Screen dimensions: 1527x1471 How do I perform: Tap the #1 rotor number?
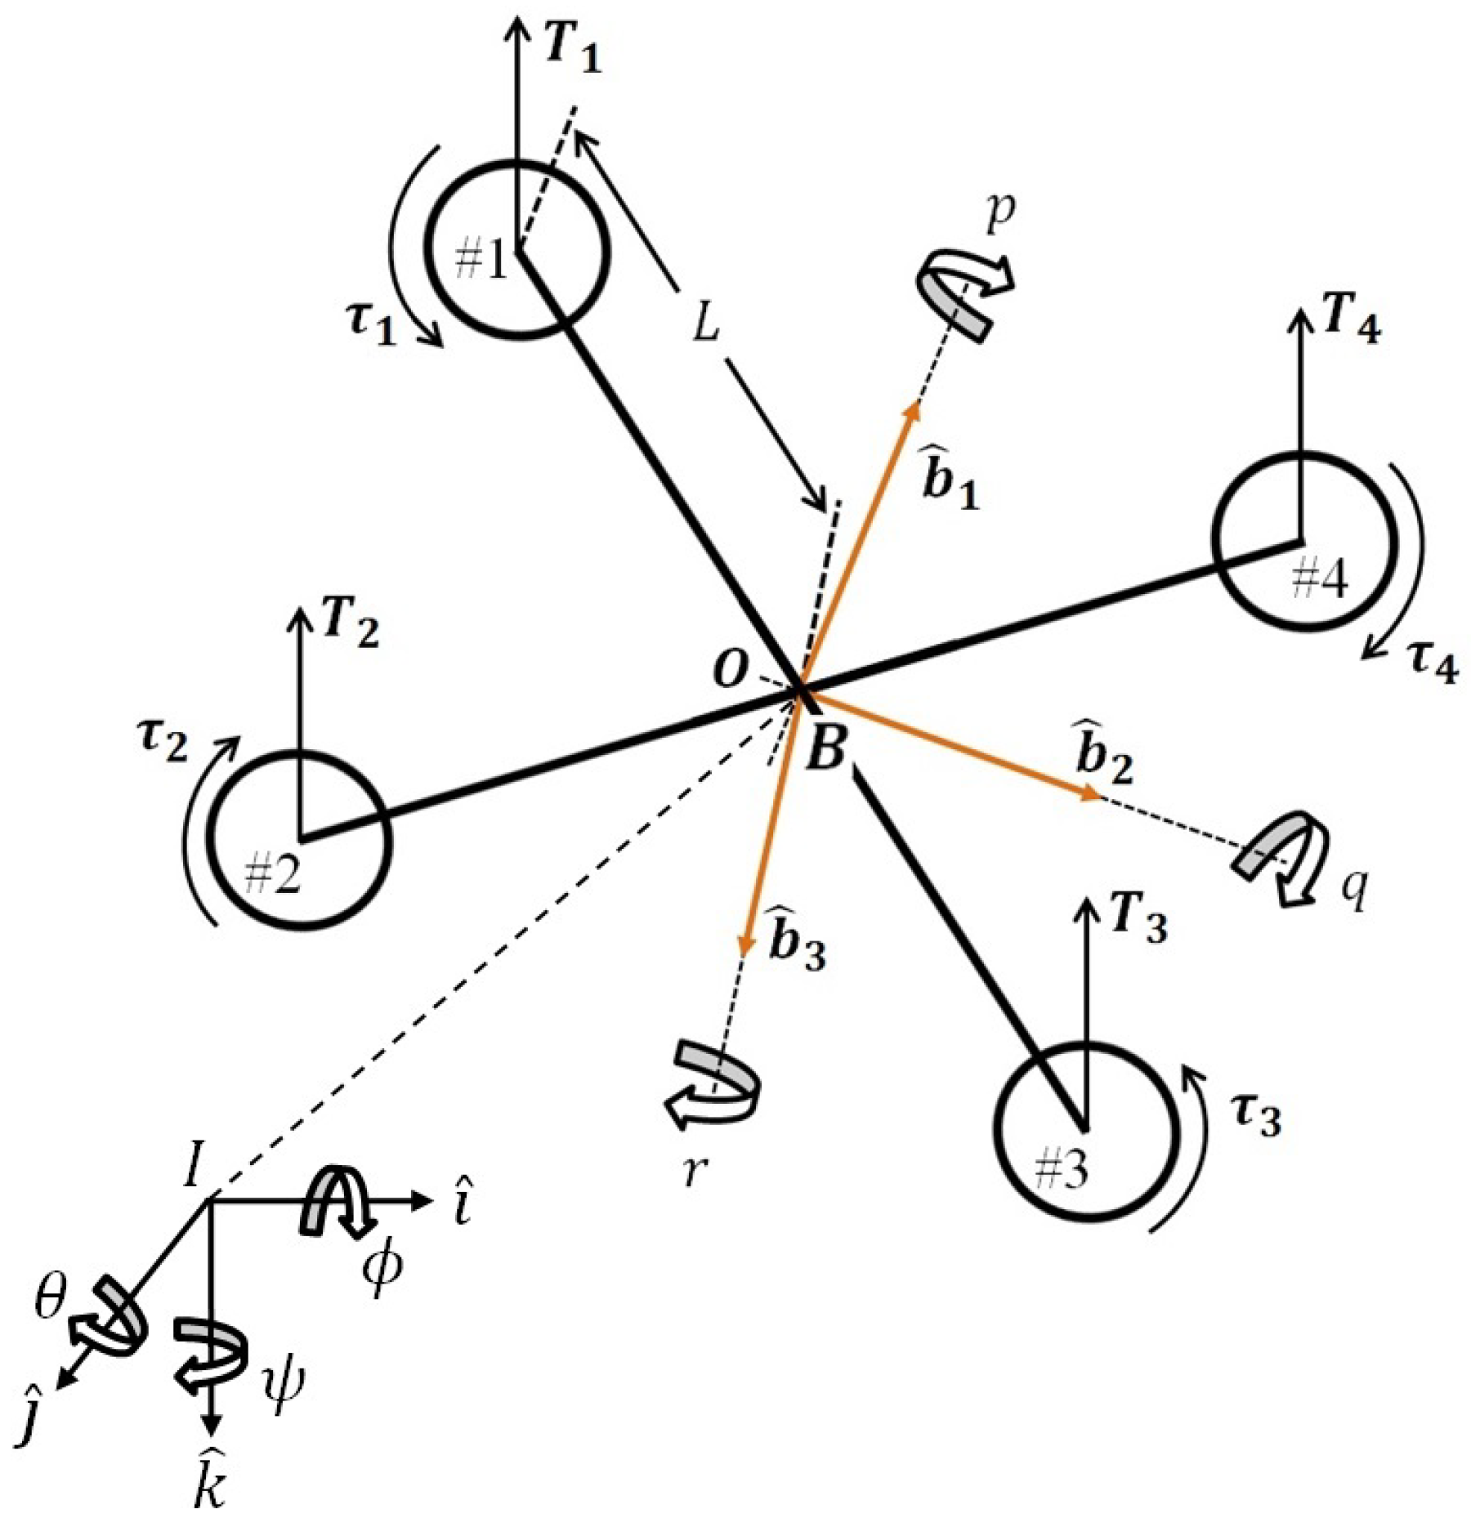483,261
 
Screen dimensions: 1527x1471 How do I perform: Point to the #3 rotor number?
1061,1172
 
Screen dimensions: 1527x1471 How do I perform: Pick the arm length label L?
704,325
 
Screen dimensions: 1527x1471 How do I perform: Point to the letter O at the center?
729,671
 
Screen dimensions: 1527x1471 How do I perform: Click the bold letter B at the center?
825,750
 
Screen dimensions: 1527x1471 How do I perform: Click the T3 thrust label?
1138,924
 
